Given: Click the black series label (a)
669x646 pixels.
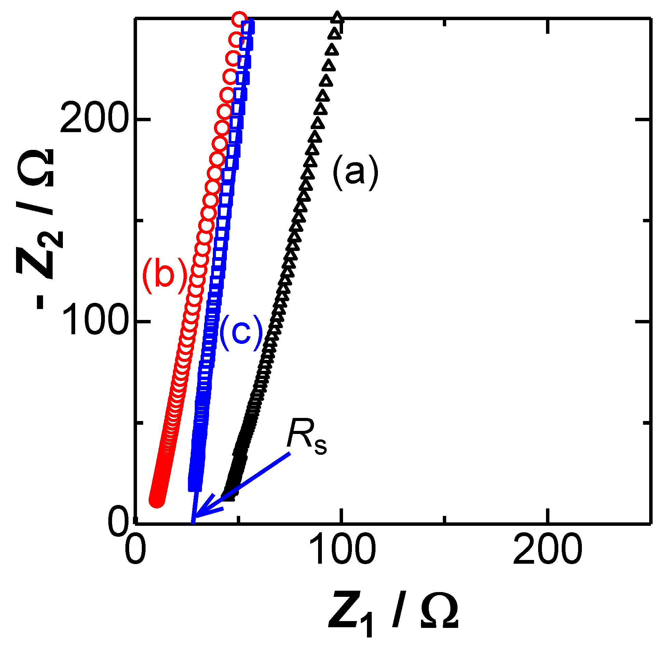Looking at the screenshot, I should click(x=355, y=172).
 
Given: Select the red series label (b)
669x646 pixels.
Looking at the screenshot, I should click(x=165, y=275).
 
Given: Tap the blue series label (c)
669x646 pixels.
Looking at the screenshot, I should click(x=241, y=333).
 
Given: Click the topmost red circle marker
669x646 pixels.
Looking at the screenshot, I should click(x=239, y=19).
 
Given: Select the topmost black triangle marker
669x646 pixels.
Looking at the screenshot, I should click(x=337, y=17).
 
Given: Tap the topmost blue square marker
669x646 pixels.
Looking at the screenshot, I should click(x=247, y=27).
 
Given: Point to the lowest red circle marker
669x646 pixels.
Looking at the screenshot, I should click(x=157, y=500).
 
